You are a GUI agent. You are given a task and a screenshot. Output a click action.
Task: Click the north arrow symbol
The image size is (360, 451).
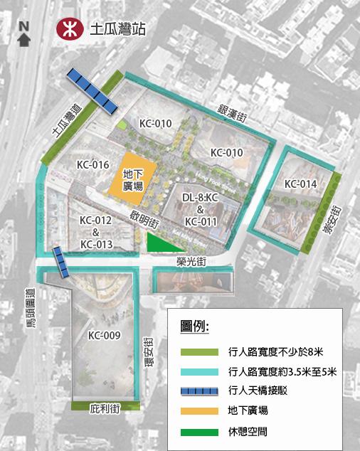point(23,36)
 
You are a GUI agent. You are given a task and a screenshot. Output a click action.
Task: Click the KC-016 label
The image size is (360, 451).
point(92,164)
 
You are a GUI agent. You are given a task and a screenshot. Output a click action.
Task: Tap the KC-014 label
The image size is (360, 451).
point(300,184)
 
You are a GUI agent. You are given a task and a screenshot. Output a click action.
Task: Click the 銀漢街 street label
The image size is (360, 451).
point(233,114)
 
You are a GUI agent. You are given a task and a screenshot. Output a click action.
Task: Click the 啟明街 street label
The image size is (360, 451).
point(144,218)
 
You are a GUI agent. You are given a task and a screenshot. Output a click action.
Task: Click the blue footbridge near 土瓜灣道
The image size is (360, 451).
point(91,90)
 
